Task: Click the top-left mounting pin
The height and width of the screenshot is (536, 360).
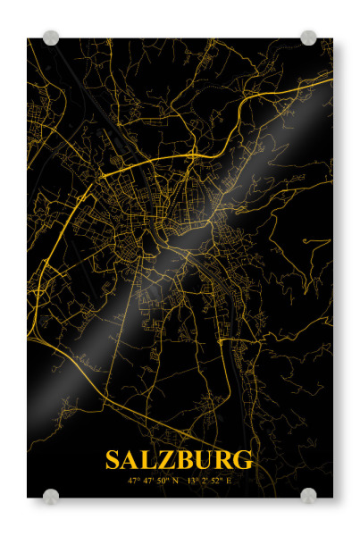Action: pyautogui.click(x=51, y=38)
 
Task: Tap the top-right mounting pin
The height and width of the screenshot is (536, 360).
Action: pyautogui.click(x=308, y=38)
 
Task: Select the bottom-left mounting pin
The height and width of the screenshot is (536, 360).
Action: pyautogui.click(x=51, y=496)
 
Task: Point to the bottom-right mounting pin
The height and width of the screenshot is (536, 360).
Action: pyautogui.click(x=308, y=496)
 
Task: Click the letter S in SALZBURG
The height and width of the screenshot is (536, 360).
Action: pyautogui.click(x=113, y=460)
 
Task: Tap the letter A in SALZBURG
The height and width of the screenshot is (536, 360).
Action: pyautogui.click(x=132, y=460)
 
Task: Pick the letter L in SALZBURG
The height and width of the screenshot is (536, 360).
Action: pyautogui.click(x=150, y=460)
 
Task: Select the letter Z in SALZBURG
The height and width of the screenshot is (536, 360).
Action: pyautogui.click(x=167, y=460)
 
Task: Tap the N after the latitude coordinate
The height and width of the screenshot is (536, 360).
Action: pyautogui.click(x=175, y=482)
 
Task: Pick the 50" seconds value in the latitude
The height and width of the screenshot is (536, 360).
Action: pyautogui.click(x=162, y=482)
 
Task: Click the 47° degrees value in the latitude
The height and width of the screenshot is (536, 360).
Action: pyautogui.click(x=134, y=482)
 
